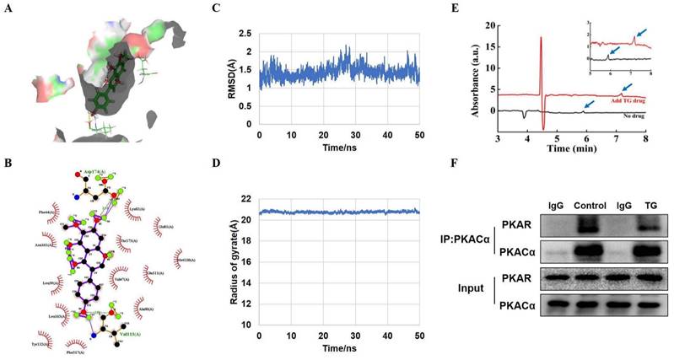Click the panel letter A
13,9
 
